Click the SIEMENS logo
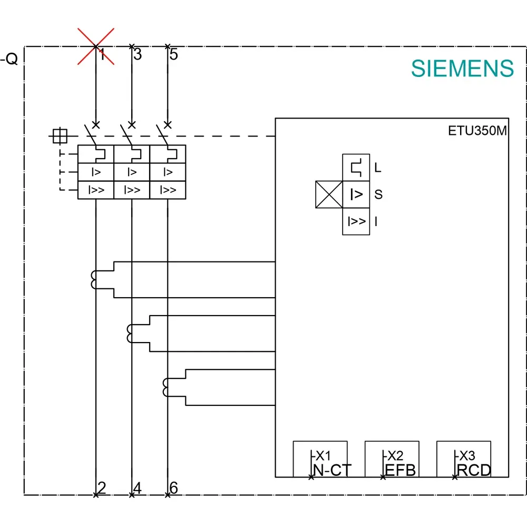click(462, 69)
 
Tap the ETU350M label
click(477, 131)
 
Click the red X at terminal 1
click(96, 46)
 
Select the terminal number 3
click(138, 54)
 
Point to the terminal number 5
click(173, 54)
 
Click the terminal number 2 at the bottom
click(102, 487)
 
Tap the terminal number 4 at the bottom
click(138, 487)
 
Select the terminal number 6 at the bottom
click(173, 487)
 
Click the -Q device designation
click(9, 59)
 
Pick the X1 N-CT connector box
click(320, 459)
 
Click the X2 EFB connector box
click(392, 459)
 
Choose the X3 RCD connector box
click(463, 459)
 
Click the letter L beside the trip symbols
click(378, 168)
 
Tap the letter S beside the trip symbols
click(378, 194)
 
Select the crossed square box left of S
click(329, 194)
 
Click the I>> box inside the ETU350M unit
click(356, 221)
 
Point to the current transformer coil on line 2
click(93, 280)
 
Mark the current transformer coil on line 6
click(165, 387)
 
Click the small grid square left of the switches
click(60, 136)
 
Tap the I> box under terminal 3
click(132, 172)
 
